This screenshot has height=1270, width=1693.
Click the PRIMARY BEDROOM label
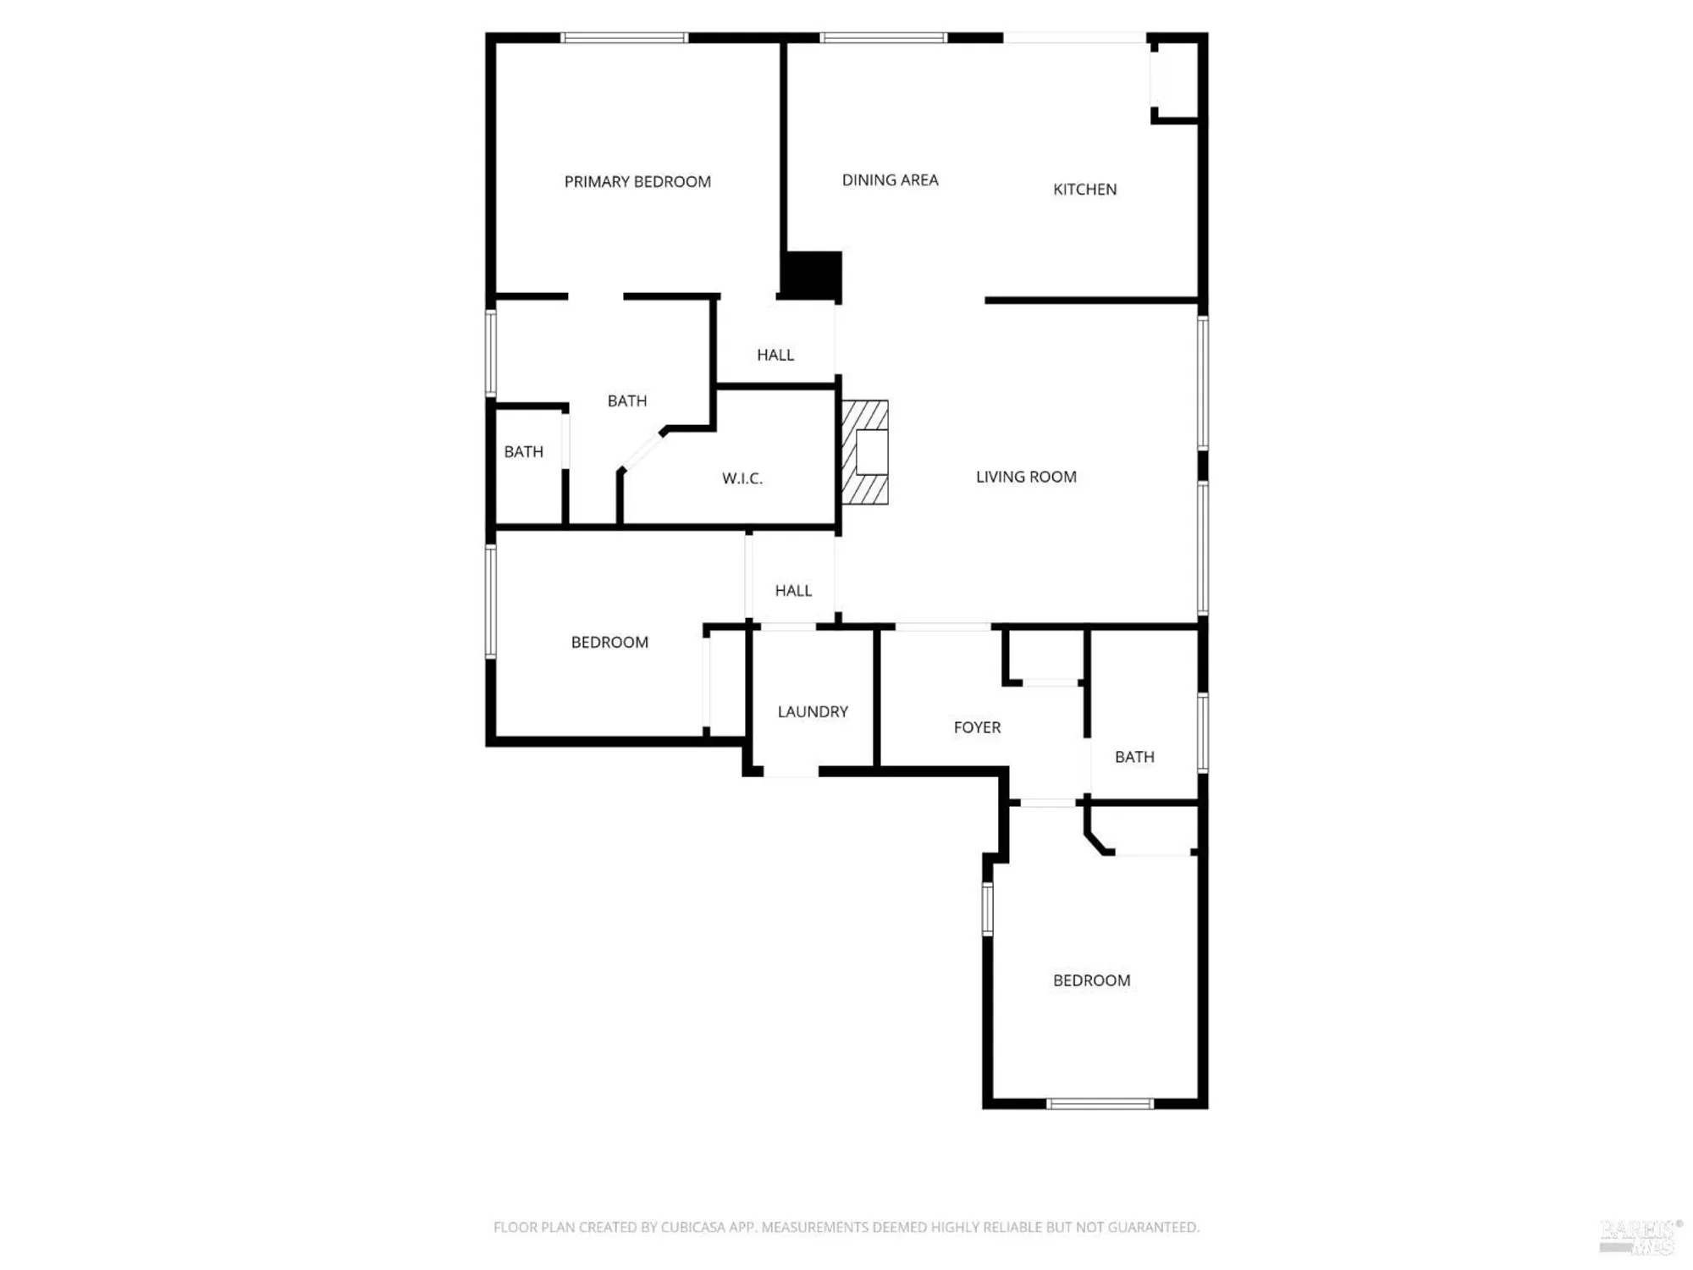637,182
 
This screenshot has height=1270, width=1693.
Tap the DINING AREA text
890,180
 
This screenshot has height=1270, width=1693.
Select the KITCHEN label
1084,190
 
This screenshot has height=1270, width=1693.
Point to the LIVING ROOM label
1026,478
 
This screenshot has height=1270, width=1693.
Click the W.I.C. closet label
742,479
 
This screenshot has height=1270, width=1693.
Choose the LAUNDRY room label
813,712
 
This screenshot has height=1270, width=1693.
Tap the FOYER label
977,728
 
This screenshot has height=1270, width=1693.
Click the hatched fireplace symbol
864,452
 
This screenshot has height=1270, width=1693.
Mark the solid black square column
810,275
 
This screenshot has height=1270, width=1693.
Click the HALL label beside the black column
775,356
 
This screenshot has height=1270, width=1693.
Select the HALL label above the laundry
793,591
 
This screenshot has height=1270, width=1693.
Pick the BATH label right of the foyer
1134,758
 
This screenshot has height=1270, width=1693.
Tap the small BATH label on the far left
524,452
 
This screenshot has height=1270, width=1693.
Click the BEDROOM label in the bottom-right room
1091,980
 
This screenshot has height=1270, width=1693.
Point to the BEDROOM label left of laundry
609,643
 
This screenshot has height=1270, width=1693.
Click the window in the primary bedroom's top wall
624,38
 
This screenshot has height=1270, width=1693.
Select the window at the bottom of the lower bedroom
1100,1103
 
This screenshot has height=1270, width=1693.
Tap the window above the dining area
883,38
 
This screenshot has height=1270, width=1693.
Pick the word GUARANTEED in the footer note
1155,1227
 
